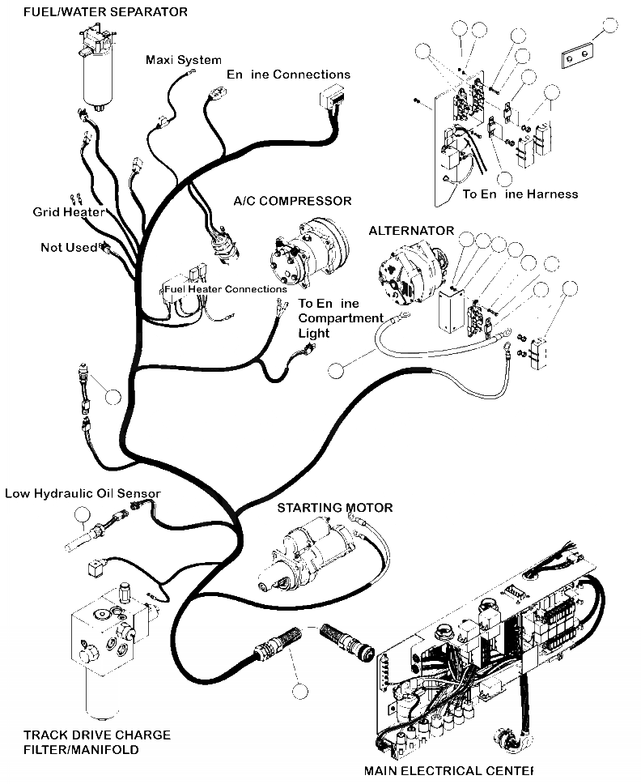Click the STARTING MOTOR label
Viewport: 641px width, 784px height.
point(334,508)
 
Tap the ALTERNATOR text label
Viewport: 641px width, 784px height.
point(411,231)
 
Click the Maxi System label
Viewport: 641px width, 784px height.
point(183,60)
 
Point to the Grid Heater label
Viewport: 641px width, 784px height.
point(68,212)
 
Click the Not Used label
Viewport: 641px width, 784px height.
point(69,247)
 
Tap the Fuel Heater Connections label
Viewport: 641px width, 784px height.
point(225,288)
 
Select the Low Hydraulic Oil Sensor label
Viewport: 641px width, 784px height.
point(83,493)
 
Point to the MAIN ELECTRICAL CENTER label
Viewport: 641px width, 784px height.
point(448,770)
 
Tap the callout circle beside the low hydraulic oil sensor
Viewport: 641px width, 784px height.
point(82,514)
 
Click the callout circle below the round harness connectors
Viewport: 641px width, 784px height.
point(301,692)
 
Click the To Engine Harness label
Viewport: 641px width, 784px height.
point(520,194)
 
